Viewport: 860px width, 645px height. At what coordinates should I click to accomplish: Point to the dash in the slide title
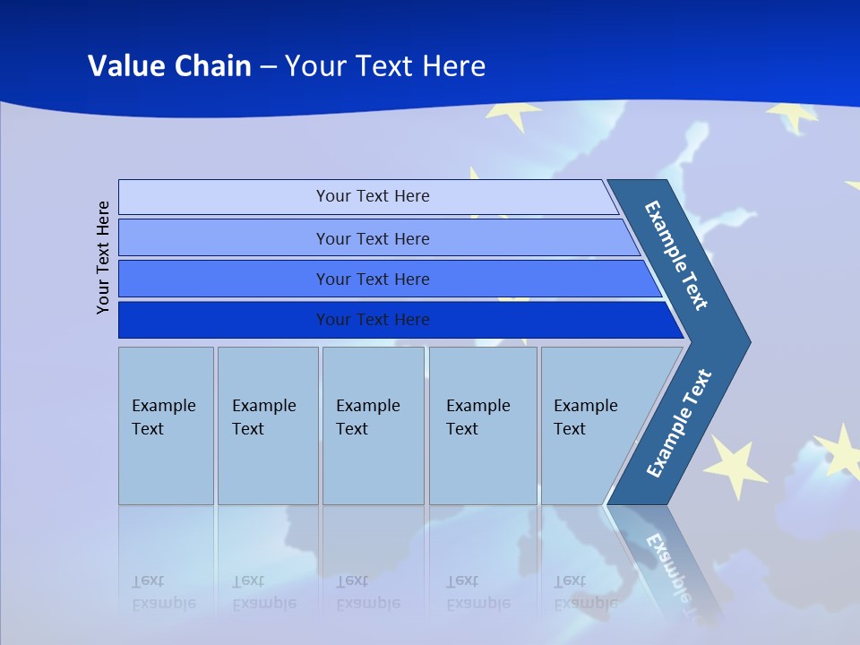click(x=268, y=67)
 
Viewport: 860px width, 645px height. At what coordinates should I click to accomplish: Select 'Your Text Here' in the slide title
click(x=385, y=65)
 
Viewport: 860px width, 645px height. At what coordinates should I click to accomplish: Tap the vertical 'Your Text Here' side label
click(x=103, y=257)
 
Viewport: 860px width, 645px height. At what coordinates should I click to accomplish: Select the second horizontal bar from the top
click(x=372, y=238)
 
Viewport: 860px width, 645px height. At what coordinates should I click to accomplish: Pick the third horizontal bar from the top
click(x=372, y=279)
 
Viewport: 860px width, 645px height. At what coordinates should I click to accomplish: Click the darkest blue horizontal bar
click(x=372, y=320)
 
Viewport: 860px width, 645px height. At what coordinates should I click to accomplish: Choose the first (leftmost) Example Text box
click(x=166, y=426)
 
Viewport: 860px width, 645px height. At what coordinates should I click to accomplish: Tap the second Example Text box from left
click(x=267, y=426)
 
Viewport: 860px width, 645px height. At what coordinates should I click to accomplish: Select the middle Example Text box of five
click(x=373, y=426)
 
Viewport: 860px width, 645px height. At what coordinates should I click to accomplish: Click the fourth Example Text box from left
click(x=483, y=426)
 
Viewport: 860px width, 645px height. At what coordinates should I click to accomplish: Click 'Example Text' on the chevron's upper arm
click(x=676, y=254)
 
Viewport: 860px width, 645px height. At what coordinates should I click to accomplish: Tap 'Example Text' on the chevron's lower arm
click(x=678, y=424)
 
